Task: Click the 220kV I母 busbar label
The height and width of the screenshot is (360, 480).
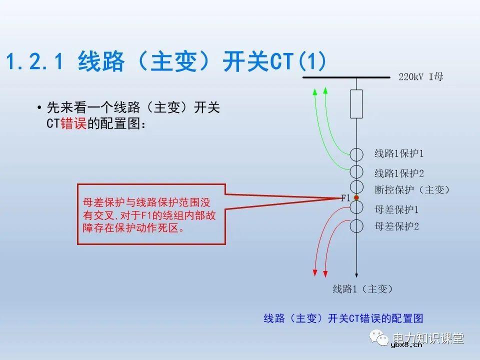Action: coord(420,77)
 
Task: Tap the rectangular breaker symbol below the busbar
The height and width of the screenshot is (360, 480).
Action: coord(356,104)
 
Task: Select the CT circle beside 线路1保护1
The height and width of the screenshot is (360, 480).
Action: coord(356,154)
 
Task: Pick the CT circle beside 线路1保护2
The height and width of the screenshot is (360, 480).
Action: coord(356,172)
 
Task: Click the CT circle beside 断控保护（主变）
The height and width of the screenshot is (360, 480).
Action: coord(356,188)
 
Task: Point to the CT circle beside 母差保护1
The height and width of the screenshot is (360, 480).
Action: coord(356,206)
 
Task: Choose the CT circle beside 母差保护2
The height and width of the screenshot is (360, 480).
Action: coord(356,226)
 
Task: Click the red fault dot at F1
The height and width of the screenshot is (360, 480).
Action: coord(356,198)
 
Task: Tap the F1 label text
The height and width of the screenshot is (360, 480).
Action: coord(345,198)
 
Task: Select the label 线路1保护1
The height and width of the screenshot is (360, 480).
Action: coord(399,153)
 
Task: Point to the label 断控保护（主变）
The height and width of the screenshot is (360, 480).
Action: coord(412,190)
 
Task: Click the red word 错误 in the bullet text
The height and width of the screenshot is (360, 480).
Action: coord(73,124)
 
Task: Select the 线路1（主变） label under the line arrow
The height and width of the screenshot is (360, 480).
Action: coord(362,289)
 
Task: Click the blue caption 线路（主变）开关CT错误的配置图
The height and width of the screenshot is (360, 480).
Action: coord(343,318)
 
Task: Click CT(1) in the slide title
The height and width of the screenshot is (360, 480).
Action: coord(298,62)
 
